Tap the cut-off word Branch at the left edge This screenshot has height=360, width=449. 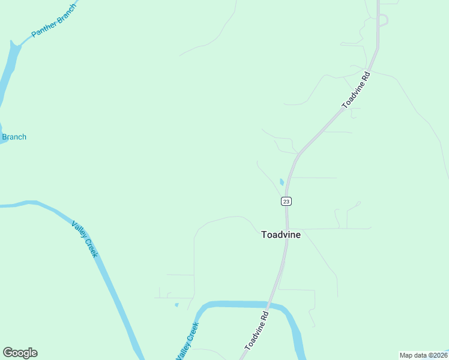pos(14,137)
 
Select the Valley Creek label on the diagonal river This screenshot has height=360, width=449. pos(85,239)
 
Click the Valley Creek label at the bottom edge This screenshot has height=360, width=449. pos(187,341)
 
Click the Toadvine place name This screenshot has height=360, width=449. pos(281,235)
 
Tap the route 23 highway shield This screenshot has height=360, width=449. pos(286,201)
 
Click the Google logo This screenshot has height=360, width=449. pos(20,353)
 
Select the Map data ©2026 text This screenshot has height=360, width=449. pos(423,355)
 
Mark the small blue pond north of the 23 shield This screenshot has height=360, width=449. pos(282,182)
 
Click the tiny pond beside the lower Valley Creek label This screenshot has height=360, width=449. pos(176,305)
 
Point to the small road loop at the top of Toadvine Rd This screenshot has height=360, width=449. pos(383,20)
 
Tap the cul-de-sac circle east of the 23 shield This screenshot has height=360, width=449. pos(358,203)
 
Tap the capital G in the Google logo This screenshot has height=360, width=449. pos(8,353)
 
